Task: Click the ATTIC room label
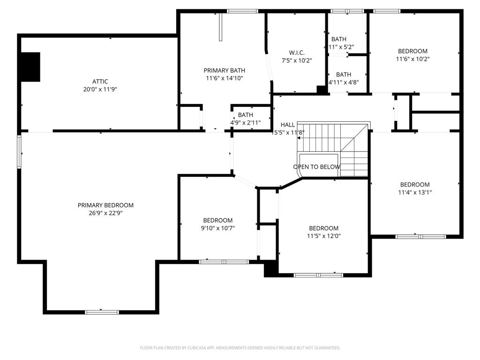pos(100,82)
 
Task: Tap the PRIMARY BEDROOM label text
pos(105,205)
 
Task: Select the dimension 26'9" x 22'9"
pos(105,213)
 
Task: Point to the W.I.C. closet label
pos(296,53)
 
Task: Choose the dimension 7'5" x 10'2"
pos(296,60)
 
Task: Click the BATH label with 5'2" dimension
pos(339,39)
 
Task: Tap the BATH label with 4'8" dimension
pos(343,75)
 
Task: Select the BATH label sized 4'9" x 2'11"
pos(245,115)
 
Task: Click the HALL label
pos(288,125)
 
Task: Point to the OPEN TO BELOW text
pos(317,167)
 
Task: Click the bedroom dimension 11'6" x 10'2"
pos(412,59)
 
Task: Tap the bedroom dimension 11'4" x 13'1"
pos(414,192)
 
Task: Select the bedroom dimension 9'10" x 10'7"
pos(218,228)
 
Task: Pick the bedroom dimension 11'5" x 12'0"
pos(323,236)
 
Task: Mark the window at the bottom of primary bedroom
pos(102,312)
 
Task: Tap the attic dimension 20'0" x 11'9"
pos(100,89)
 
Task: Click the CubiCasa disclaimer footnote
pos(240,348)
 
